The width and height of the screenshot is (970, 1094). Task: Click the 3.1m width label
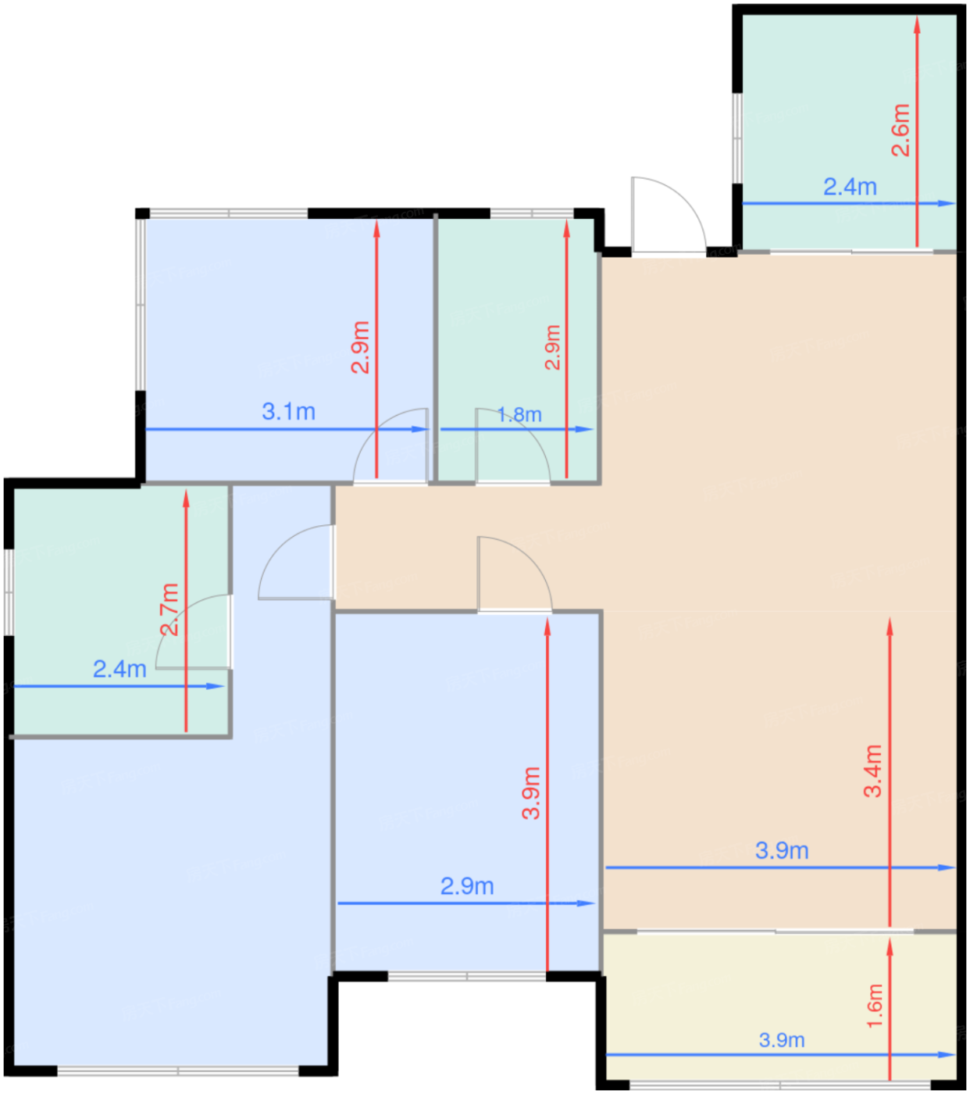[x=288, y=412]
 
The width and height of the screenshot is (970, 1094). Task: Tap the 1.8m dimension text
[x=519, y=415]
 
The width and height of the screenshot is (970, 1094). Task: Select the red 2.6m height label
[x=900, y=130]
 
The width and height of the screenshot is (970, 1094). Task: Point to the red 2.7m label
[x=169, y=610]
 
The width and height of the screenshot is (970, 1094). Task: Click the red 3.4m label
[x=872, y=771]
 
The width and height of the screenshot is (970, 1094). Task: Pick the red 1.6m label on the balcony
[x=874, y=1006]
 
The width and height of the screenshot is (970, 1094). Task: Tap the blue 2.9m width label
[x=467, y=886]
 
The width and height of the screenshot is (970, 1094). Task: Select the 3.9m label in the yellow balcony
[x=781, y=1040]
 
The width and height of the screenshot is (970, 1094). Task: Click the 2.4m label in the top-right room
[x=850, y=187]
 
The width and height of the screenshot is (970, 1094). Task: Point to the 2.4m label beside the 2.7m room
[x=119, y=670]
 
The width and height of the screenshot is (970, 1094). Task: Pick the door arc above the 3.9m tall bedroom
[x=531, y=556]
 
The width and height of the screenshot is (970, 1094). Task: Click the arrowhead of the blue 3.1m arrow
[x=420, y=429]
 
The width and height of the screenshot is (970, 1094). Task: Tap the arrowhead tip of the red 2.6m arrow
[x=917, y=16]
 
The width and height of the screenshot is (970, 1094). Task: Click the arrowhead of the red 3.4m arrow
[x=890, y=627]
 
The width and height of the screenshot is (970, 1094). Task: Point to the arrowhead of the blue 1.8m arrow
[x=584, y=429]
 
